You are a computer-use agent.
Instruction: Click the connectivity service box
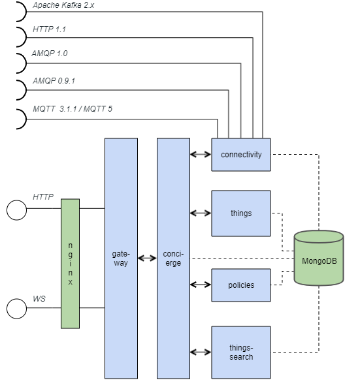point(241,155)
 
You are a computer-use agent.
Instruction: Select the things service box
point(241,213)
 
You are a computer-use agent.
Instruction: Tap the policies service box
point(241,285)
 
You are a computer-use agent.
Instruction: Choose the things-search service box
point(241,352)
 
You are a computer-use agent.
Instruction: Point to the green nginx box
point(70,263)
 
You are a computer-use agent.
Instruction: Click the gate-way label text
point(121,258)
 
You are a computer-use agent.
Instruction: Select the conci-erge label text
point(173,258)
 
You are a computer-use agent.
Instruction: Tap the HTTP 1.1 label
point(49,30)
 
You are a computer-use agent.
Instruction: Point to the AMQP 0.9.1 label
point(54,81)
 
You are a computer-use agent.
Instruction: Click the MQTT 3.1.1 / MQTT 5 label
point(73,108)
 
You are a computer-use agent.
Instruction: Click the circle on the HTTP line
point(16,210)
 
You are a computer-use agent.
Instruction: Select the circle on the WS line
point(16,308)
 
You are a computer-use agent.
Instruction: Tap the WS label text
point(39,298)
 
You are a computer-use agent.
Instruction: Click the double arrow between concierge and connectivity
point(201,155)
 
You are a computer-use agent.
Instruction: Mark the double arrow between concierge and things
point(201,213)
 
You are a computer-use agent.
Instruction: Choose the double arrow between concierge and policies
point(201,285)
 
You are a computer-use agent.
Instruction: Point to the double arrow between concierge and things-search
point(201,352)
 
